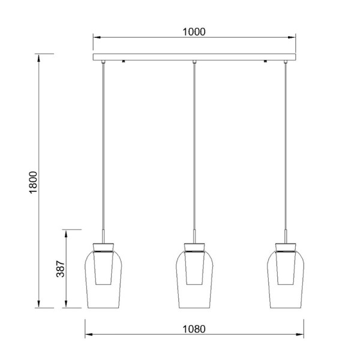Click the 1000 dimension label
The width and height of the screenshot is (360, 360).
(194, 32)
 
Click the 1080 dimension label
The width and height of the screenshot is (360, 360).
(194, 329)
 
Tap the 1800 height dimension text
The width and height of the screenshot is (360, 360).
(33, 182)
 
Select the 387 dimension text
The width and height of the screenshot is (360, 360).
(61, 269)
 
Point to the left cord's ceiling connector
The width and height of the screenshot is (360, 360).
(103, 62)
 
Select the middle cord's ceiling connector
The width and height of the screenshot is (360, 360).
(194, 62)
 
